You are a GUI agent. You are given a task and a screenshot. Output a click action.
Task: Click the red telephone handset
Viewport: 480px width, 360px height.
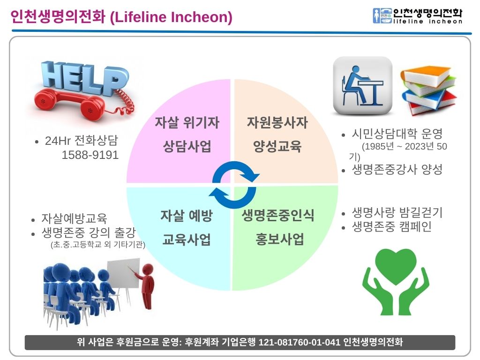tap(70, 103)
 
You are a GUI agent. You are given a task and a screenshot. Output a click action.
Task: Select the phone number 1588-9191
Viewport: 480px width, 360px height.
tap(90, 155)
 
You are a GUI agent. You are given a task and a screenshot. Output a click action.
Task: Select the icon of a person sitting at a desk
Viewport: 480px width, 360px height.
tap(363, 86)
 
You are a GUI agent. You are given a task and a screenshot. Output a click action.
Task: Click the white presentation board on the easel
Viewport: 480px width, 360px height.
tap(124, 273)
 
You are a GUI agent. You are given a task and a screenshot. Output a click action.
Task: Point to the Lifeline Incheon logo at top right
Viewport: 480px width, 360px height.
tap(418, 16)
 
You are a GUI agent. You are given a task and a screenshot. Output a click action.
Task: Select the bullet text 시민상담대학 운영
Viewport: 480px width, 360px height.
tap(397, 134)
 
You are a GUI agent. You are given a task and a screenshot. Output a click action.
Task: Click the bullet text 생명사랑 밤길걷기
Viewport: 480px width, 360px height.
tap(397, 212)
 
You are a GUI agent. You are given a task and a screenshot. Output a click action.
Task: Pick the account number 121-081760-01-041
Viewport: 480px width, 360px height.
tap(299, 342)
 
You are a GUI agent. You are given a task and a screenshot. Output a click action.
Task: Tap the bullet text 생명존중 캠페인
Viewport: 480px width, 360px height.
tap(391, 226)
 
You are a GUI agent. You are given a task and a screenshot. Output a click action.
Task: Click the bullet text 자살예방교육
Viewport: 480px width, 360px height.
tap(75, 218)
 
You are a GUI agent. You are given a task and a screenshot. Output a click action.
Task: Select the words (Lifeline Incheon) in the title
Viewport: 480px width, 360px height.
tap(171, 17)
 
